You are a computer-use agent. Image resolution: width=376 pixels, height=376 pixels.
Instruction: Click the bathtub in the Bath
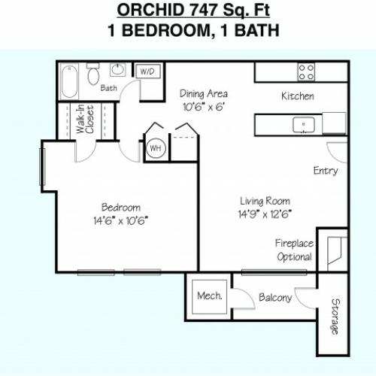[69, 81]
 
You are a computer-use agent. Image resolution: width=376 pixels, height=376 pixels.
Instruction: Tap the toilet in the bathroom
[93, 74]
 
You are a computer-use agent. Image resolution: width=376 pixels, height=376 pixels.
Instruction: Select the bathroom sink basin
[118, 69]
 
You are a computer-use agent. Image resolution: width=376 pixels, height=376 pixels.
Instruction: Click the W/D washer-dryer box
[147, 71]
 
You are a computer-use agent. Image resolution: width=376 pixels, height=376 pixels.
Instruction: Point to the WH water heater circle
[156, 148]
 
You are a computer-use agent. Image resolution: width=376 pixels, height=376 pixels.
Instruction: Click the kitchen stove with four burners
[306, 72]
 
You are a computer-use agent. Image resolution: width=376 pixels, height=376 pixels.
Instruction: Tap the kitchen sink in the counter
[304, 125]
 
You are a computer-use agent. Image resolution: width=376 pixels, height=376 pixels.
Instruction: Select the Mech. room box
[209, 296]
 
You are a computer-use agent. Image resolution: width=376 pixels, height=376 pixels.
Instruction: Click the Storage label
[335, 317]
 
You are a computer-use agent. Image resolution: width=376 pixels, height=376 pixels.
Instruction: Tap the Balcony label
[275, 298]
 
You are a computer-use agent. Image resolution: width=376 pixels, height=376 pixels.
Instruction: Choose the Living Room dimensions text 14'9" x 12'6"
[265, 214]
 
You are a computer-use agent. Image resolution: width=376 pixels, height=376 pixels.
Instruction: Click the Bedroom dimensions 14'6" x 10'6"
[120, 221]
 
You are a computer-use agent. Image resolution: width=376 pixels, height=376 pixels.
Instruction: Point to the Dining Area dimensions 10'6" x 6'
[203, 107]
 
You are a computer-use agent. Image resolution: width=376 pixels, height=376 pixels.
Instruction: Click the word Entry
[326, 171]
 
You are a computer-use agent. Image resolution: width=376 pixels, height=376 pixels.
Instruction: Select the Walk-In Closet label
[85, 119]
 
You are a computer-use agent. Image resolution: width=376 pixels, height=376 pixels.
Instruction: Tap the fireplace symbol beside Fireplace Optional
[335, 250]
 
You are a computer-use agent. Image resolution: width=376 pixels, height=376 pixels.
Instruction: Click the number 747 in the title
[204, 11]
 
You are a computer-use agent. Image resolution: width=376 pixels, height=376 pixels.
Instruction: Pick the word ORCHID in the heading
[150, 11]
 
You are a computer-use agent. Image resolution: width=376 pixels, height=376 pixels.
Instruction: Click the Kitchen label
[298, 96]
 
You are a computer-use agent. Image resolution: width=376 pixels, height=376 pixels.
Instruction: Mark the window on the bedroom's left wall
[42, 167]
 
